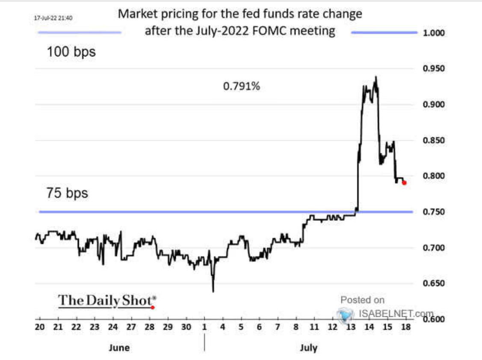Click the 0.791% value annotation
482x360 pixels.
(x=241, y=86)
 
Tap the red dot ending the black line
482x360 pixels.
(x=404, y=183)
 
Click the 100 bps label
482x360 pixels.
(x=71, y=53)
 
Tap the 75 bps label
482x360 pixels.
(x=67, y=193)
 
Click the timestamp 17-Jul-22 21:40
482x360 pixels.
(x=53, y=18)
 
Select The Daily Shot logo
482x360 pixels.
(x=107, y=300)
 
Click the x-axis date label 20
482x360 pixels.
(x=39, y=327)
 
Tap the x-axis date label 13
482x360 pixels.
(x=351, y=327)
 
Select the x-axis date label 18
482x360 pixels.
(x=405, y=327)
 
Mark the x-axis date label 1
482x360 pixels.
(x=204, y=327)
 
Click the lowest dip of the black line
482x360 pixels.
(x=213, y=291)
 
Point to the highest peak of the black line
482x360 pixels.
(x=376, y=77)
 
